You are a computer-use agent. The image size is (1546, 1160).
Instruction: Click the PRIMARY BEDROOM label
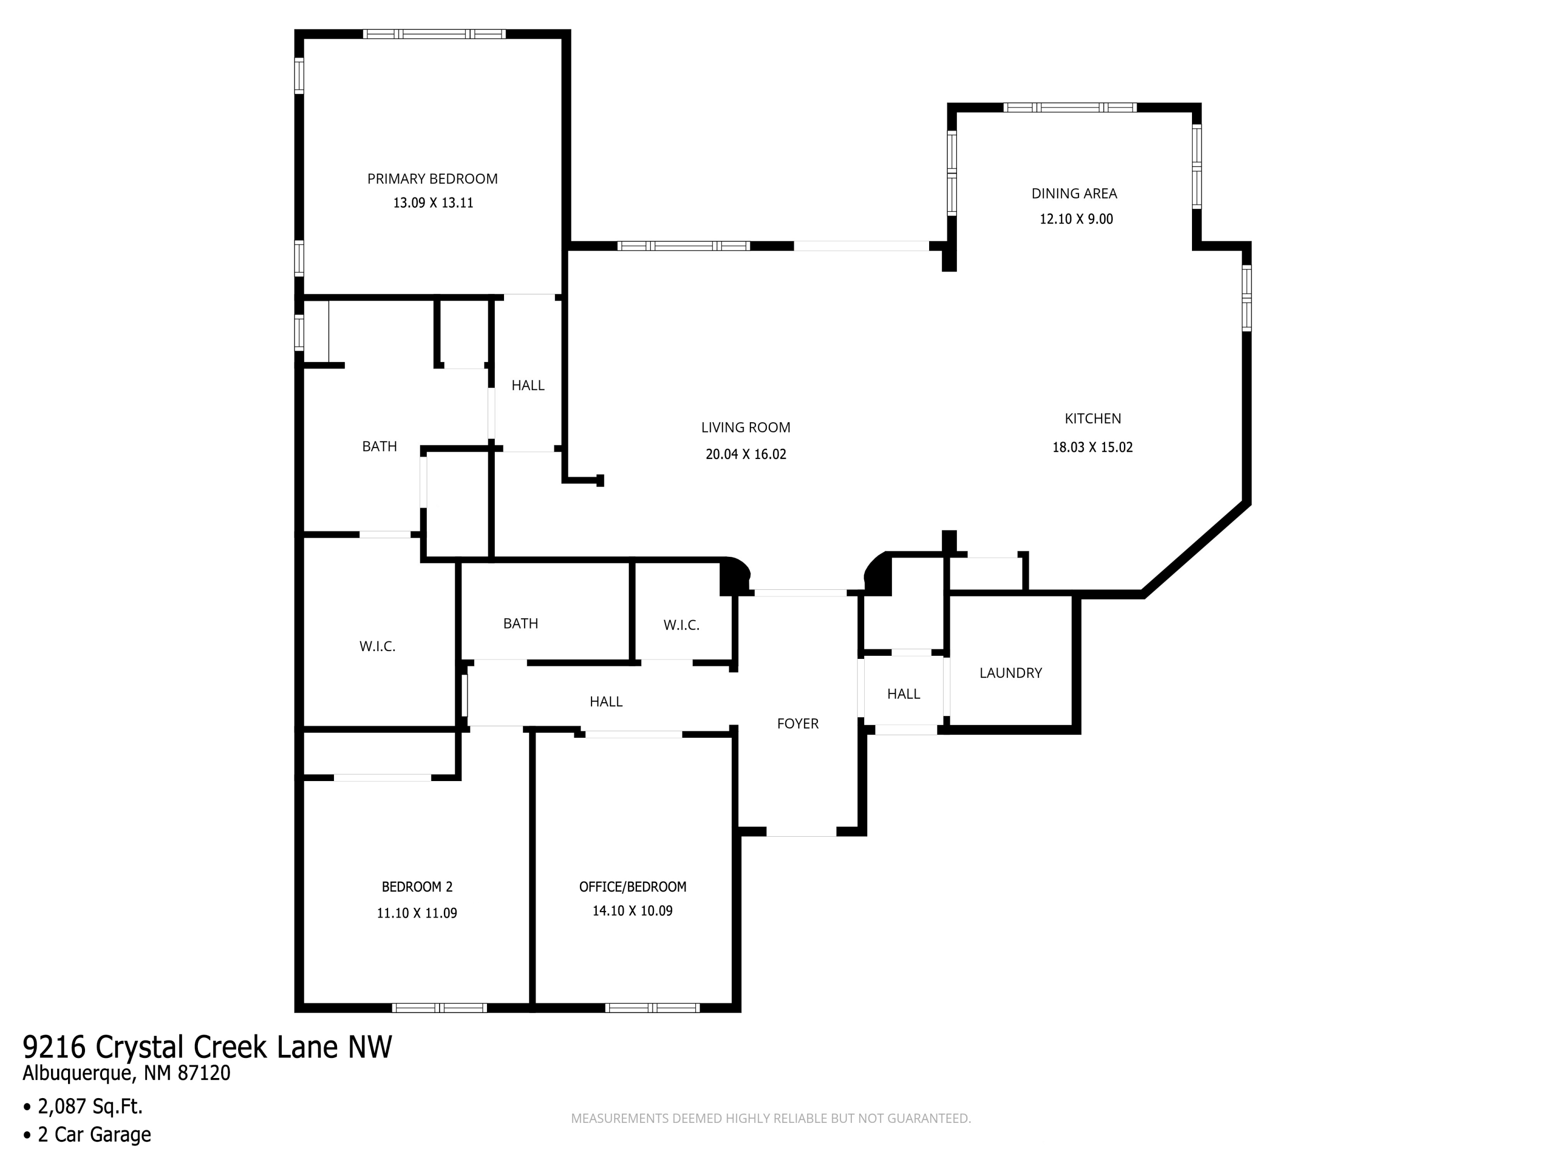pos(433,179)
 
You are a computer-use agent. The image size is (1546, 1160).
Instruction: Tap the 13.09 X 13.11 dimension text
pos(433,203)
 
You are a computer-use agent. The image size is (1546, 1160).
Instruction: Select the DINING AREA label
pos(1074,194)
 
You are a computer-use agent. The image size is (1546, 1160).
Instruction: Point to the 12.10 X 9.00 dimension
pos(1077,219)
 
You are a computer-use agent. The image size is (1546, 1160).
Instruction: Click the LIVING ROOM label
pos(746,427)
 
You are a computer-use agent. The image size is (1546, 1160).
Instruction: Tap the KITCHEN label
pos(1093,419)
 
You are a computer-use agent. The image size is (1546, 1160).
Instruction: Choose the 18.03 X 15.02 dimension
pos(1093,448)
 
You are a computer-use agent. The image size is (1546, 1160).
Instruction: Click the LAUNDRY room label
pos(1011,673)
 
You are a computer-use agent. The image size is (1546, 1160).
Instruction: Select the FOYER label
pos(797,724)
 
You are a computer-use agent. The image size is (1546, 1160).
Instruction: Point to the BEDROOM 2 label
pos(417,887)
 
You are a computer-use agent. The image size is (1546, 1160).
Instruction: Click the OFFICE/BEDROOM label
pos(632,887)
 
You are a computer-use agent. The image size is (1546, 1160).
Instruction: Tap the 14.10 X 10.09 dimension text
pos(632,911)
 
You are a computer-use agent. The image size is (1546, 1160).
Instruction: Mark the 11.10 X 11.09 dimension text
pos(417,913)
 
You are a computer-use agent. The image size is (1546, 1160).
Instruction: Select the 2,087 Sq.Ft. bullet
pos(83,1106)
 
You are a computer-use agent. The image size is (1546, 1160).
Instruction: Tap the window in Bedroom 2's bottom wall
pos(439,1007)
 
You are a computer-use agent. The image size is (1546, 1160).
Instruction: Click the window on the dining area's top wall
pos(1070,108)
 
